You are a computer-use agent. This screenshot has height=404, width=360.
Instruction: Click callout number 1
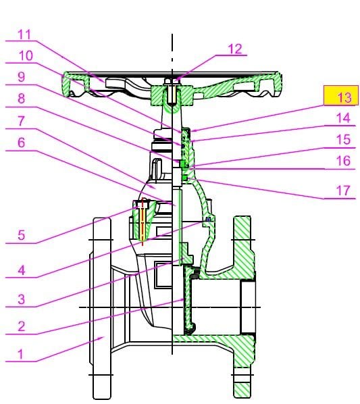[20, 354]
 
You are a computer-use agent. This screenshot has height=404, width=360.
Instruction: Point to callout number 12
[234, 49]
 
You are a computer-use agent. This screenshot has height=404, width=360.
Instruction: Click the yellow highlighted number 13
[344, 97]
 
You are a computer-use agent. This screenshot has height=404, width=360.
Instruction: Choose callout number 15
[344, 139]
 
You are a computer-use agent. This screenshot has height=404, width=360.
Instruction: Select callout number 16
[344, 161]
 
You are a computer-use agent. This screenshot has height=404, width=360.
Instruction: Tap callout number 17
[344, 191]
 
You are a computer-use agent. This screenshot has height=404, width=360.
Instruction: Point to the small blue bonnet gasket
[208, 220]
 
